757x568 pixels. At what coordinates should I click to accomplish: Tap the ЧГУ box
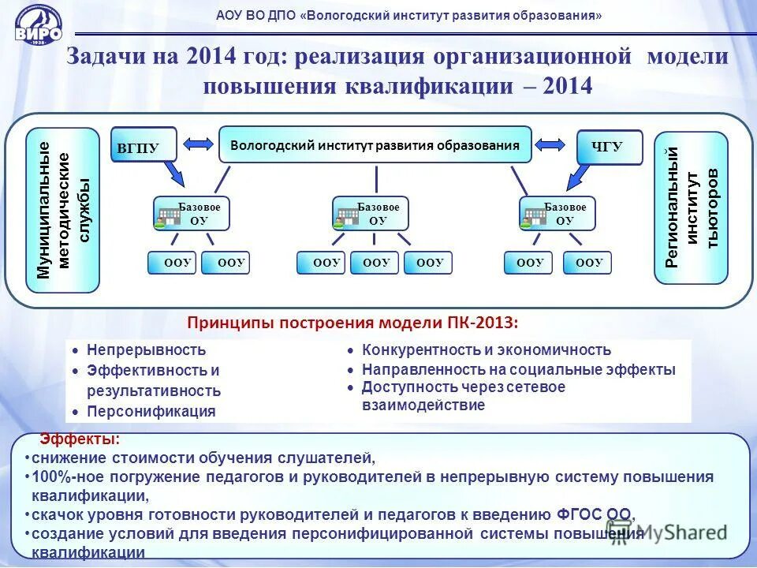(610, 147)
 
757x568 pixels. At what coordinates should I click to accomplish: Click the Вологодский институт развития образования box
(375, 145)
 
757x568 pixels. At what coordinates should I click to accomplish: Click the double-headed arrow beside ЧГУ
(550, 144)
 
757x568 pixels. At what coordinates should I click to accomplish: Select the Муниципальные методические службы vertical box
(64, 210)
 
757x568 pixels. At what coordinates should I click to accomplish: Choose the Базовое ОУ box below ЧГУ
(557, 214)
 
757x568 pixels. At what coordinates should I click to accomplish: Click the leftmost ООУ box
(172, 263)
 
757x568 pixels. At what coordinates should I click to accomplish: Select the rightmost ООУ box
(587, 263)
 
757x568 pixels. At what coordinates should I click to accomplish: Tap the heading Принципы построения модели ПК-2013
(352, 323)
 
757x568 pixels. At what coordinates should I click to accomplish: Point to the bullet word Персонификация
(151, 410)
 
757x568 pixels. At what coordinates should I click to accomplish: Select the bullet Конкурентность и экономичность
(486, 349)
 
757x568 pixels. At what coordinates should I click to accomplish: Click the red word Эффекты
(80, 439)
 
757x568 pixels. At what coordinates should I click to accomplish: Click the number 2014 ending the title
(566, 85)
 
